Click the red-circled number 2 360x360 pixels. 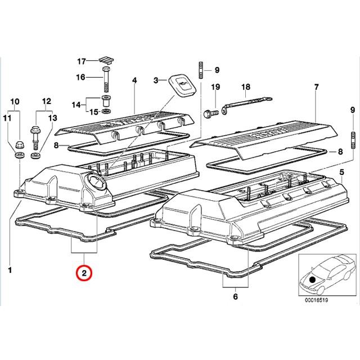pyautogui.click(x=84, y=273)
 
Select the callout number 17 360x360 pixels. pyautogui.click(x=81, y=61)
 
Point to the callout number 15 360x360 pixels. pyautogui.click(x=93, y=112)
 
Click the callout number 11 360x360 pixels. pyautogui.click(x=7, y=118)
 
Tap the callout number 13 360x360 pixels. pyautogui.click(x=52, y=118)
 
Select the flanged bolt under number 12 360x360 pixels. pyautogui.click(x=35, y=137)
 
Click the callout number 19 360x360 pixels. pyautogui.click(x=215, y=87)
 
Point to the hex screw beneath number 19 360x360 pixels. pyautogui.click(x=211, y=113)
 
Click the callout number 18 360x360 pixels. pyautogui.click(x=245, y=87)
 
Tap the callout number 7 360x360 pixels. pyautogui.click(x=316, y=87)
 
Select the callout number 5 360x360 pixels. pyautogui.click(x=342, y=172)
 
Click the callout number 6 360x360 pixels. pyautogui.click(x=235, y=296)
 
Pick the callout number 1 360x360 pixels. pyautogui.click(x=10, y=270)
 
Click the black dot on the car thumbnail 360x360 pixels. pyautogui.click(x=312, y=280)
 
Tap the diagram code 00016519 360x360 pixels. pyautogui.click(x=316, y=300)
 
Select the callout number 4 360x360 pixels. pyautogui.click(x=134, y=80)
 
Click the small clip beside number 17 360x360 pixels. pyautogui.click(x=106, y=60)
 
